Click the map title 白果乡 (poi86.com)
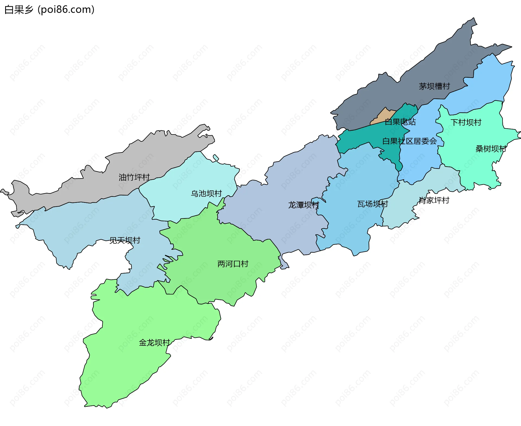pyautogui.click(x=49, y=9)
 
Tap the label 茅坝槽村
pyautogui.click(x=434, y=86)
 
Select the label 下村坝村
pyautogui.click(x=466, y=122)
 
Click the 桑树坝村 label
pyautogui.click(x=491, y=149)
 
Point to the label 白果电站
pyautogui.click(x=400, y=122)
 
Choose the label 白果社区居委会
pyautogui.click(x=409, y=141)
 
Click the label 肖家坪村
pyautogui.click(x=434, y=200)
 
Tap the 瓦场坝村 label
pyautogui.click(x=373, y=204)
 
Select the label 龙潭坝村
pyautogui.click(x=303, y=205)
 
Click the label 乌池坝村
pyautogui.click(x=206, y=193)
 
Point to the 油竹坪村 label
pyautogui.click(x=134, y=177)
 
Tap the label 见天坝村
pyautogui.click(x=125, y=240)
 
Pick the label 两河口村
pyautogui.click(x=233, y=264)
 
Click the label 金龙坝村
pyautogui.click(x=154, y=342)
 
